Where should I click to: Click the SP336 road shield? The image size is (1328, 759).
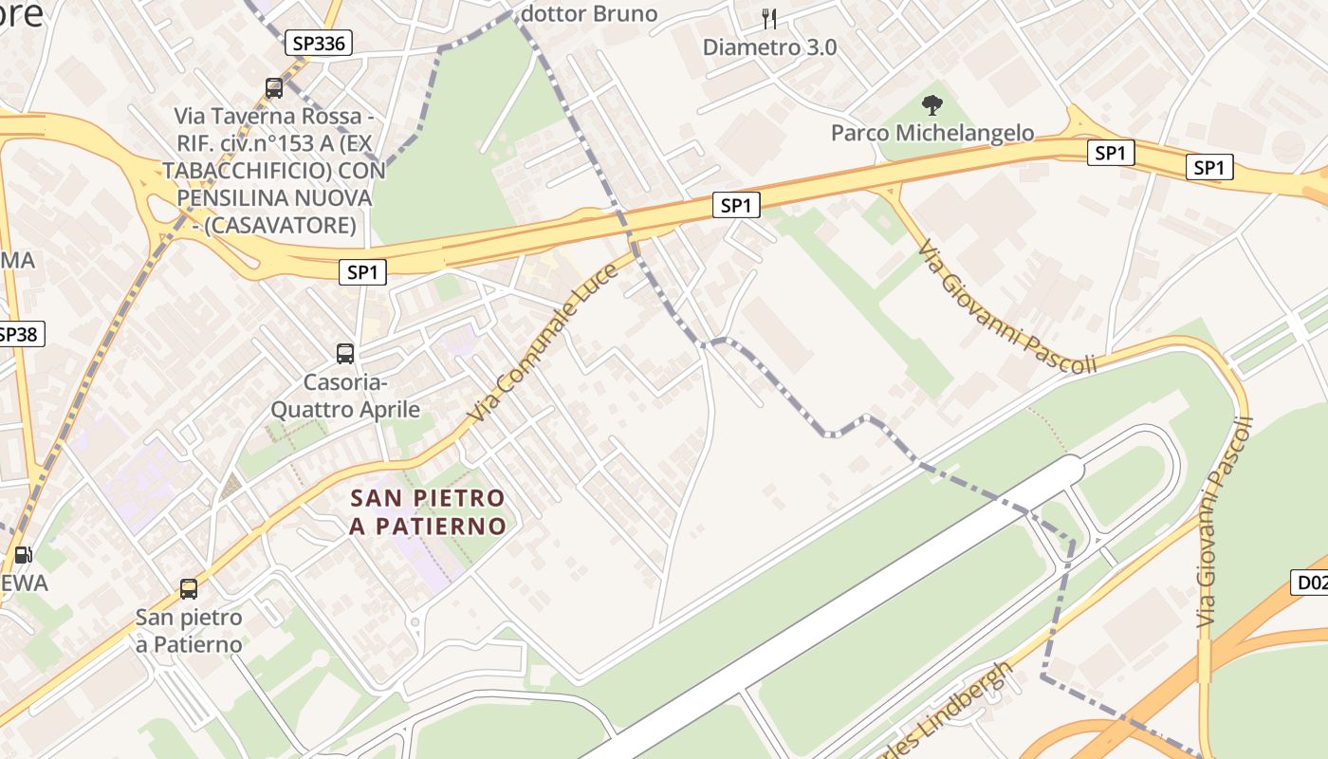319,43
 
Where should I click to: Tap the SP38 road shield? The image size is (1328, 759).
19,334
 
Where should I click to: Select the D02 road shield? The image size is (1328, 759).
1311,583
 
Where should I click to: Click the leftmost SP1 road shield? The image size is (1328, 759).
362,272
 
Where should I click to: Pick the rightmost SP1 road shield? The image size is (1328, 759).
1208,168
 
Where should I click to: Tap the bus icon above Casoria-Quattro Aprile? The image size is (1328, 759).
345,354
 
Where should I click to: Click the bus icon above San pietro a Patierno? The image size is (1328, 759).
189,588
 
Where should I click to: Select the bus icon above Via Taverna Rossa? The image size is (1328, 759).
274,88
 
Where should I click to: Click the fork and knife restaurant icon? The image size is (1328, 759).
769,18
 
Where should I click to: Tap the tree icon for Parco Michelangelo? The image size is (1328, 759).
932,104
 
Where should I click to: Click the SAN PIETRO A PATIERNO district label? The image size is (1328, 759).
427,511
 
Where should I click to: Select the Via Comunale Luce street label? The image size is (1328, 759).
544,343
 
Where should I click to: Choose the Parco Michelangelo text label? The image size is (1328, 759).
932,133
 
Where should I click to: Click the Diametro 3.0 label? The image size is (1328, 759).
769,46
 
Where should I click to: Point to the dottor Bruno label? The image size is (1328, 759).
589,13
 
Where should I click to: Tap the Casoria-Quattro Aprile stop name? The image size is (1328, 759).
345,396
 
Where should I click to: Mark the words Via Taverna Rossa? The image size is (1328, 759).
267,116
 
